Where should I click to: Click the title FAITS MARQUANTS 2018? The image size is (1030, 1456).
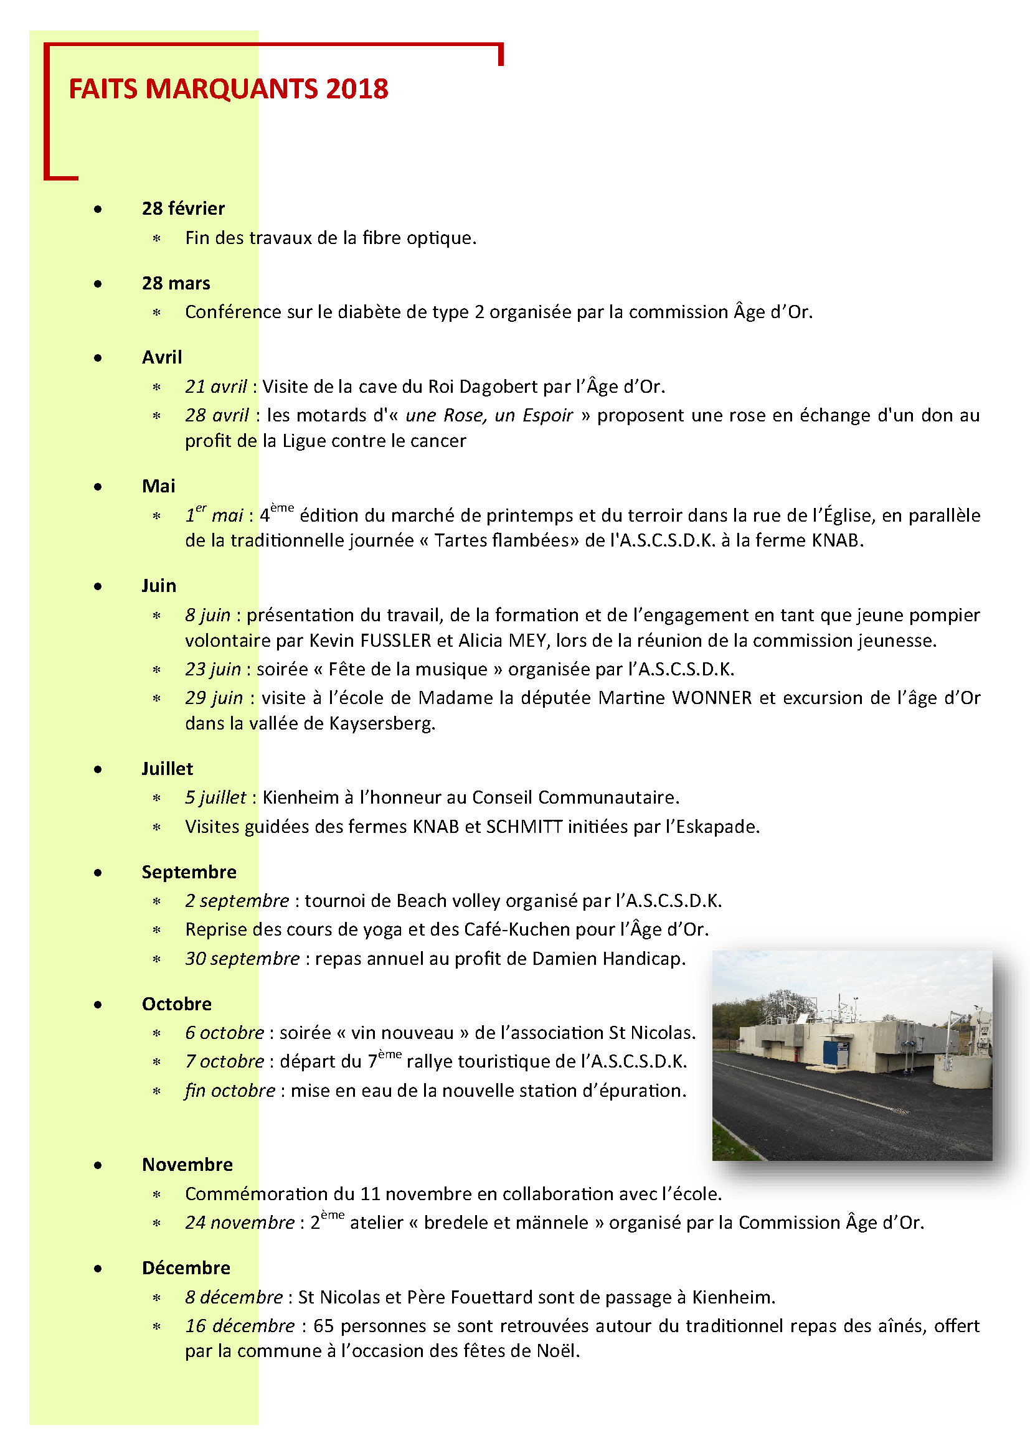point(229,89)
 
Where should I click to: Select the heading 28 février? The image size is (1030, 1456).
point(183,209)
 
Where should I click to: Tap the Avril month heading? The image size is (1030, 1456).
point(162,357)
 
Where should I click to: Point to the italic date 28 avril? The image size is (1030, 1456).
point(217,415)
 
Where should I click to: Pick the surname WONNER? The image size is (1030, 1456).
point(712,698)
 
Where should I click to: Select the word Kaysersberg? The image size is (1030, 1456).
point(382,723)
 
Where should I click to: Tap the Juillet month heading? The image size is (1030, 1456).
point(168,769)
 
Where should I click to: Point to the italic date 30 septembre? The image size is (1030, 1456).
point(242,958)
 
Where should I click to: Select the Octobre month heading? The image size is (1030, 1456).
point(177,1004)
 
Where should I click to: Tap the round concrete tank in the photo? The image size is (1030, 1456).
point(961,1072)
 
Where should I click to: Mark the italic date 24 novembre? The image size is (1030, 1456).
point(240,1223)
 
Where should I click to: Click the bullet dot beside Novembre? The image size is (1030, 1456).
point(98,1165)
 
